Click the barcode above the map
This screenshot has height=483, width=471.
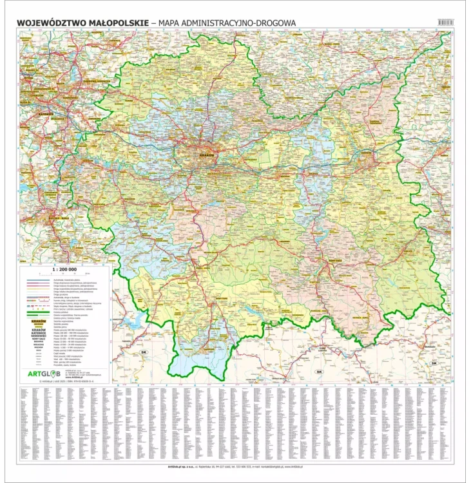pyautogui.click(x=445, y=22)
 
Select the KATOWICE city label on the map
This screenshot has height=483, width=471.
pyautogui.click(x=28, y=110)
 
